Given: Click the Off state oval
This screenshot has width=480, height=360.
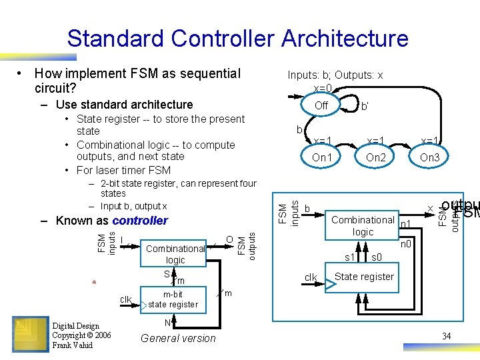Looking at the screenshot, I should [321, 105].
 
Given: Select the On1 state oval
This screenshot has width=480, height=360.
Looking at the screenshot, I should [322, 157].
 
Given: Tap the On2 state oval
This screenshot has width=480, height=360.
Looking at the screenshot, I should [376, 157].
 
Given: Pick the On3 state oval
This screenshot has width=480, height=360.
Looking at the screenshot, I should [429, 157].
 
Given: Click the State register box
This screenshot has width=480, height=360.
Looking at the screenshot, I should [364, 277].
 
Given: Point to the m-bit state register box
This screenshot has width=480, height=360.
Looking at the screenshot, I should [173, 299].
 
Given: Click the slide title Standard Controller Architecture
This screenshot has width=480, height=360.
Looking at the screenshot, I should [237, 38].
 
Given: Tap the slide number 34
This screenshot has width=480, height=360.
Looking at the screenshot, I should [447, 336].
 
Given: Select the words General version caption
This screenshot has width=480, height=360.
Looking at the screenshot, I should [179, 339].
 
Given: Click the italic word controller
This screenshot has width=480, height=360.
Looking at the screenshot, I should [140, 221].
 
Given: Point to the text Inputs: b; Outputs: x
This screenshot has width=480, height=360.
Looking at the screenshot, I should [335, 75].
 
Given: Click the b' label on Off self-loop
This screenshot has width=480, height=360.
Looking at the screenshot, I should [365, 106].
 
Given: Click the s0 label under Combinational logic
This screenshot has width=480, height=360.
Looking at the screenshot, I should [376, 257].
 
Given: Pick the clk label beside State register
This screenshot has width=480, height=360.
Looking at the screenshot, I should [311, 277].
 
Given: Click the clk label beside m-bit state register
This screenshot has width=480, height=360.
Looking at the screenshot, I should [125, 299].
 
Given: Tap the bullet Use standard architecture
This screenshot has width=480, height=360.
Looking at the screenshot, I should [124, 105].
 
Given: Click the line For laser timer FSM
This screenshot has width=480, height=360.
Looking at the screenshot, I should [124, 170].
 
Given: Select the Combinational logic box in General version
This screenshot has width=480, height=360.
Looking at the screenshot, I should [175, 254].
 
